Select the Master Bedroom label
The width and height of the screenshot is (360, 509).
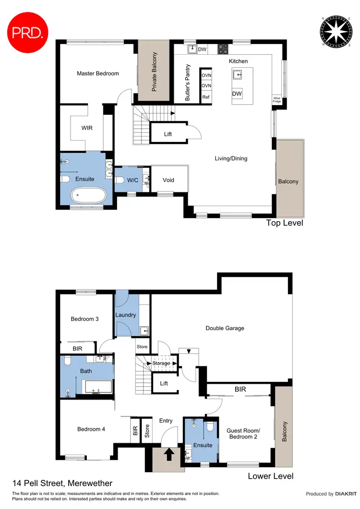coord(98,73)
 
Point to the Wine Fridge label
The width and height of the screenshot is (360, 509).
coord(276,99)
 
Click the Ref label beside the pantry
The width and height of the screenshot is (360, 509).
coord(206,97)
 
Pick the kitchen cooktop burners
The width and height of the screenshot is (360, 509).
coord(223,48)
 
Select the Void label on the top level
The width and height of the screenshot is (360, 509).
coord(168,180)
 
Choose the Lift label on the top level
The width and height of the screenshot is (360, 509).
coord(168,134)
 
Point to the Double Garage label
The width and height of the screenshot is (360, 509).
coord(225,328)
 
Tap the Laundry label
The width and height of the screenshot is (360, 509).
coord(126,315)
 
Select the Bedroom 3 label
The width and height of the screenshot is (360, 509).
coord(84,319)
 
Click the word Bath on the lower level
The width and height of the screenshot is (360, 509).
coord(86,371)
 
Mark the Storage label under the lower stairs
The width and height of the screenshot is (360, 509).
coord(161,363)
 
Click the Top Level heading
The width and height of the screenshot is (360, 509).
coord(285,223)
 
